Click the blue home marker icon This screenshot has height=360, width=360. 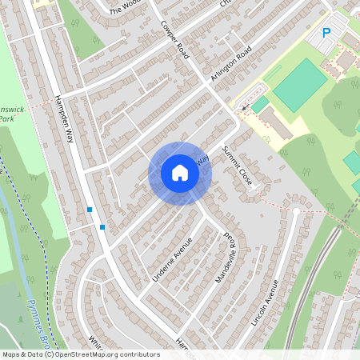click(180, 173)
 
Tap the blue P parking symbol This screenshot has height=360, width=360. click(326, 33)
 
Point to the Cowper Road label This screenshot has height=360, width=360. click(174, 39)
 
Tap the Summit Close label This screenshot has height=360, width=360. click(238, 166)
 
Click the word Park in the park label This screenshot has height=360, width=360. click(6, 119)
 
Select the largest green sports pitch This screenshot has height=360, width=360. click(299, 85)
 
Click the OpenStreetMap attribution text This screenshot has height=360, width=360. click(81, 354)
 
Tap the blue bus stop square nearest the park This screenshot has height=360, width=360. click(90, 210)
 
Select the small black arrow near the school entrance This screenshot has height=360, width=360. click(243, 106)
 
